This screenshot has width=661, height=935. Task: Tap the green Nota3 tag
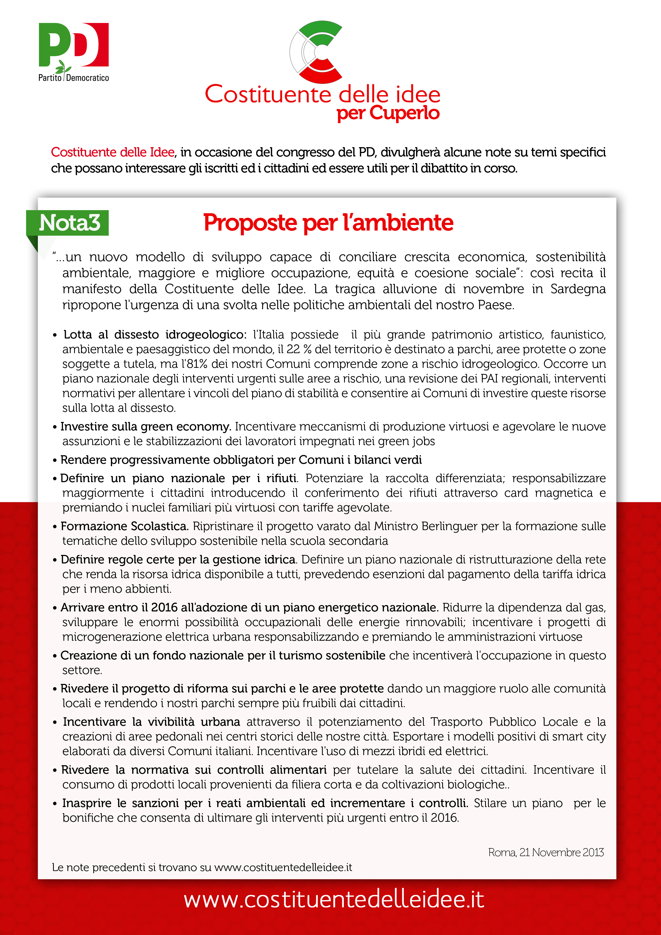pyautogui.click(x=68, y=223)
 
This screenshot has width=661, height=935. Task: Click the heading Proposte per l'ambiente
pyautogui.click(x=328, y=223)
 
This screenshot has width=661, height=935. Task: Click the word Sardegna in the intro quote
pyautogui.click(x=578, y=289)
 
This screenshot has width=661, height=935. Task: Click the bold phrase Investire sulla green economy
pyautogui.click(x=146, y=426)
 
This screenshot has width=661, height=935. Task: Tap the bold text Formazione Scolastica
pyautogui.click(x=124, y=526)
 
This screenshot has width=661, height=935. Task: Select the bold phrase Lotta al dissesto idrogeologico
pyautogui.click(x=155, y=334)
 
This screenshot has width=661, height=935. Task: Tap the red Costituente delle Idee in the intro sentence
pyautogui.click(x=113, y=152)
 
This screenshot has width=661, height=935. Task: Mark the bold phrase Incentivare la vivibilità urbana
pyautogui.click(x=151, y=722)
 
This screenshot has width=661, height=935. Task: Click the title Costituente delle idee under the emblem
pyautogui.click(x=323, y=94)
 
